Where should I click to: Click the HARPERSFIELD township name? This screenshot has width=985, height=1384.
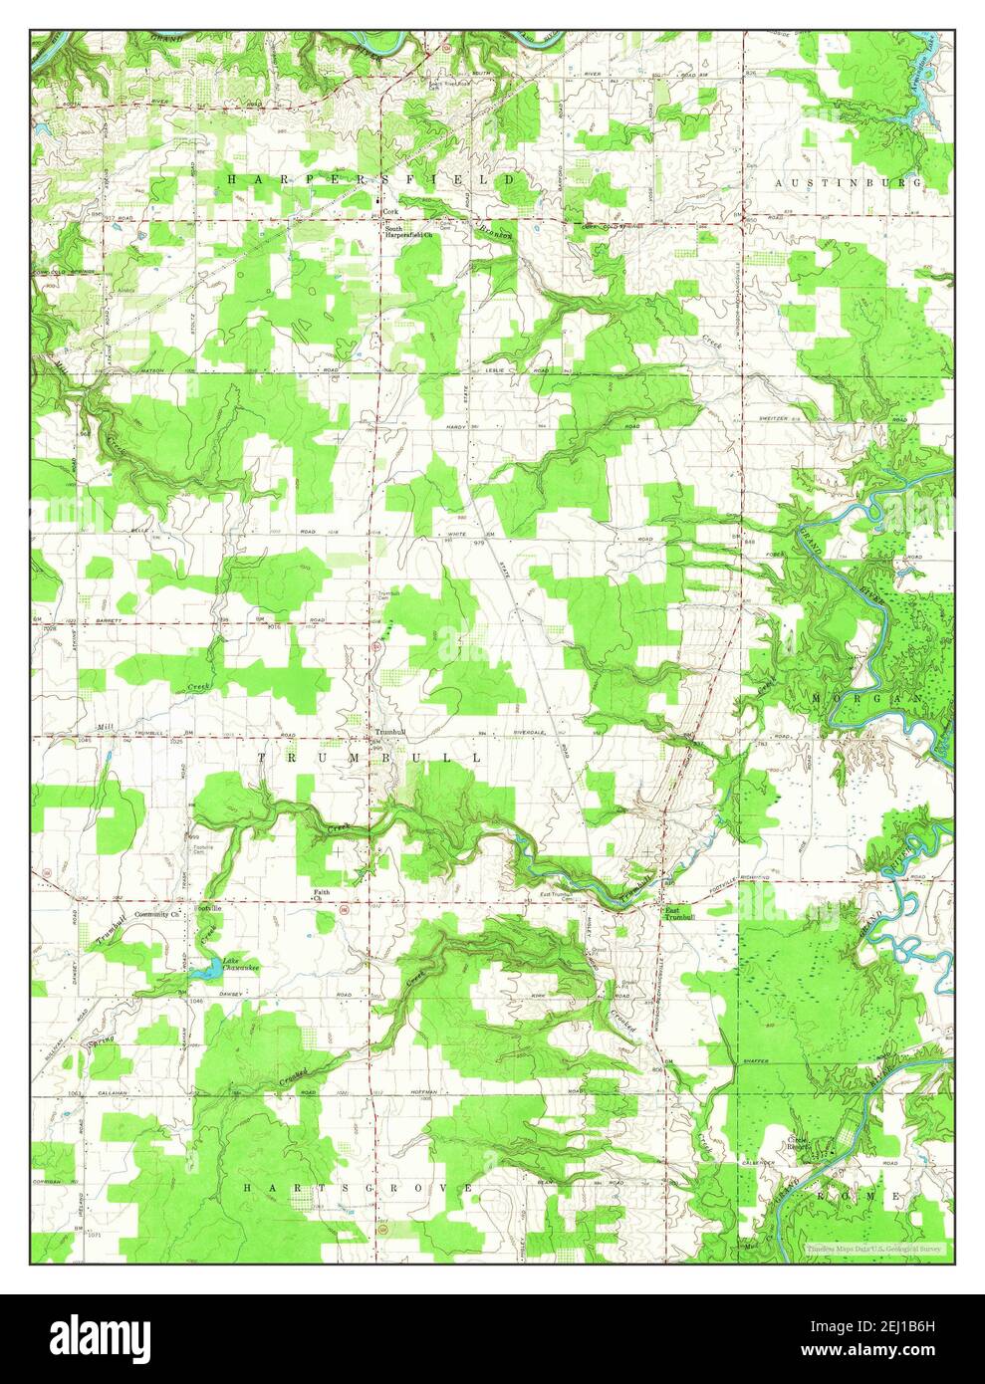[371, 179]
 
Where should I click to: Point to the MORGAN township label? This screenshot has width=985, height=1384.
[868, 700]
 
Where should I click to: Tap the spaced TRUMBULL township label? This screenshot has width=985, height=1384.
[370, 758]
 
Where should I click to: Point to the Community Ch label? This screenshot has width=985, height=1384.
[156, 913]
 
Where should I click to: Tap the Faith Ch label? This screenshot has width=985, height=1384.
[322, 894]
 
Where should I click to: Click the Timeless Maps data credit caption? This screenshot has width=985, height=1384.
[873, 1247]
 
